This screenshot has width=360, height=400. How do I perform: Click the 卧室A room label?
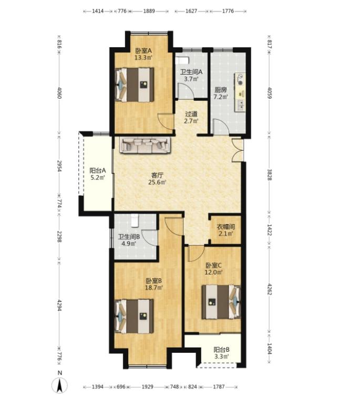[x=143, y=50]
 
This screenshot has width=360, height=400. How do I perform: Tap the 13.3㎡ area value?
[x=143, y=57]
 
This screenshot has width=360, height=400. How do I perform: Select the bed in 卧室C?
[x=221, y=302]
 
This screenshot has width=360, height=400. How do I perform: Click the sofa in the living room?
[x=145, y=145]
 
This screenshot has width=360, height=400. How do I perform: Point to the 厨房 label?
[x=221, y=90]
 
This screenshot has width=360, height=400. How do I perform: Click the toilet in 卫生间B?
[x=135, y=220]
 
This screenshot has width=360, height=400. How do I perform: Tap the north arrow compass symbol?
[x=60, y=385]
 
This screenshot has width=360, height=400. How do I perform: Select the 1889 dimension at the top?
[x=149, y=11]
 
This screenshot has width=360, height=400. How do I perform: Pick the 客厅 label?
[x=157, y=175]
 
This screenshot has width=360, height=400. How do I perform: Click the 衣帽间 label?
[x=225, y=227]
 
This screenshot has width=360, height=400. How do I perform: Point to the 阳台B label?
[x=222, y=350]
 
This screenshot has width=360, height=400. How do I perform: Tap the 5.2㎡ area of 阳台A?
[x=98, y=177]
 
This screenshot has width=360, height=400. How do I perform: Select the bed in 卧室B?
[x=134, y=317]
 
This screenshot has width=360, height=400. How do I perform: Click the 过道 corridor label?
[x=191, y=114]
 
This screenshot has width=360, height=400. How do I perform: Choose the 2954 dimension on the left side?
[x=59, y=166]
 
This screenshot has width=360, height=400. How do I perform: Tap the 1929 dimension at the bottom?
[x=147, y=387]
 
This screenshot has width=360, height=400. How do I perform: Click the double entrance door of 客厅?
[x=237, y=150]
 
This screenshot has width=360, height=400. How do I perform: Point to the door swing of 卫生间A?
[x=186, y=90]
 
